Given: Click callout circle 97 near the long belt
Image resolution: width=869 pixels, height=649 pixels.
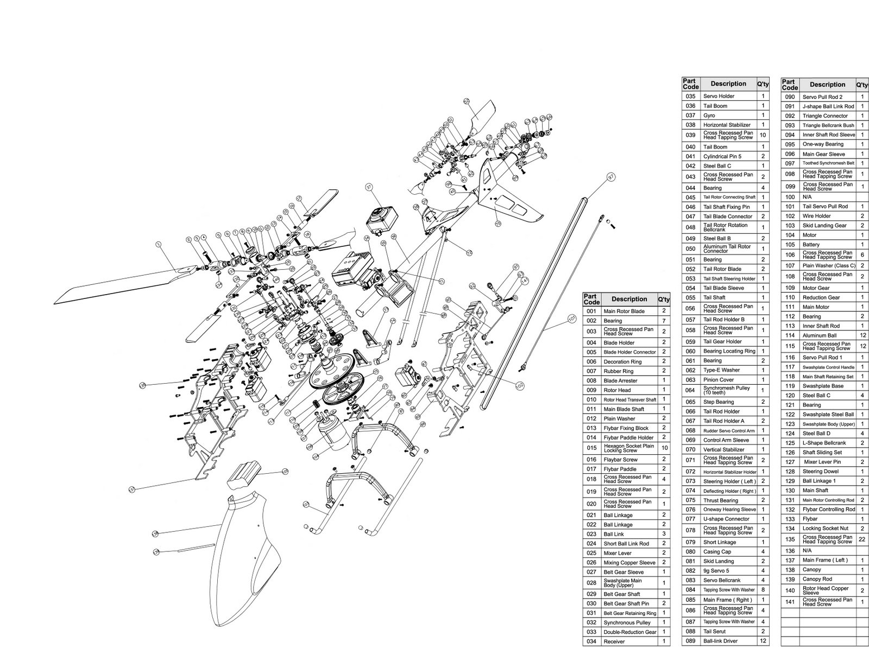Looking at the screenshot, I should pyautogui.click(x=611, y=177).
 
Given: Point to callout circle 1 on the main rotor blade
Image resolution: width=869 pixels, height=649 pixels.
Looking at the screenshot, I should pyautogui.click(x=158, y=244).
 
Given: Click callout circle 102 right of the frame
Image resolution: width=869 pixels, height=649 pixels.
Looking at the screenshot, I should pyautogui.click(x=520, y=384).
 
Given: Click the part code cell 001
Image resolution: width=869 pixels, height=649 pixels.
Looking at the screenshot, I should pyautogui.click(x=591, y=311).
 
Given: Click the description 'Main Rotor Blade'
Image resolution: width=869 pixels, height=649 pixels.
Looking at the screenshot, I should pyautogui.click(x=624, y=311).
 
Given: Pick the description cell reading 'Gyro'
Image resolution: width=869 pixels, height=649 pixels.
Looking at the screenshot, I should pyautogui.click(x=709, y=115).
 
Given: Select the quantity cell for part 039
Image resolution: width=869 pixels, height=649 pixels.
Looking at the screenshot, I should pyautogui.click(x=763, y=135).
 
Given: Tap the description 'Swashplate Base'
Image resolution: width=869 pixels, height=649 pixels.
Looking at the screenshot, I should pyautogui.click(x=823, y=386).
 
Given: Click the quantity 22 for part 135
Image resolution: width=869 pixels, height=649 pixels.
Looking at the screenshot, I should pyautogui.click(x=862, y=539).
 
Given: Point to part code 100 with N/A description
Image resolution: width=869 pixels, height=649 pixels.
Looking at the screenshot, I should pyautogui.click(x=790, y=197).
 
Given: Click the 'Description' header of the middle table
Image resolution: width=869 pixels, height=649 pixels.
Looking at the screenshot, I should pyautogui.click(x=728, y=84).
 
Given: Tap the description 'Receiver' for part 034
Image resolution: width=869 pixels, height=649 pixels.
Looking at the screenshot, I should pyautogui.click(x=614, y=641).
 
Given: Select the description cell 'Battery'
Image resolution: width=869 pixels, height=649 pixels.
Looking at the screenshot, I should pyautogui.click(x=811, y=244).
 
